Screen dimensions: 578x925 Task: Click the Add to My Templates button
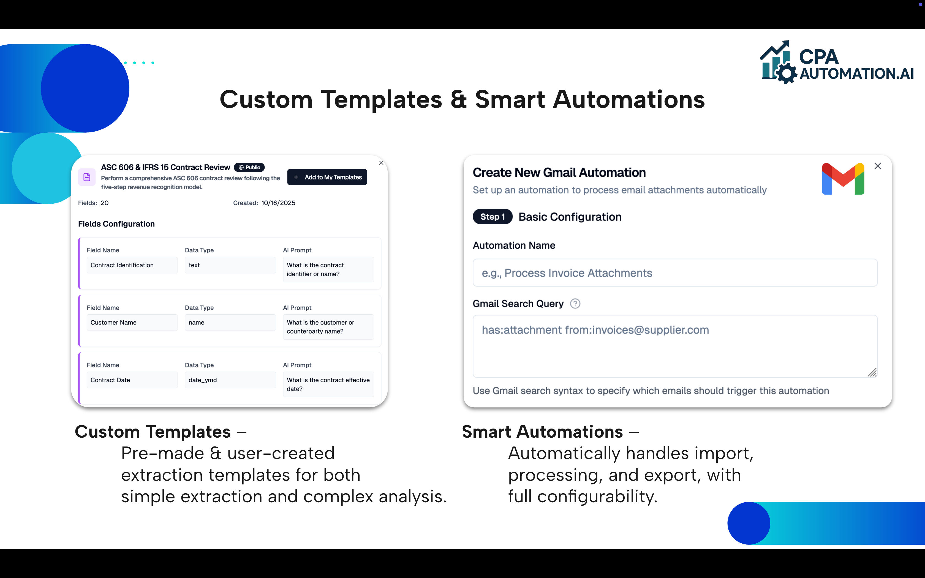[327, 177]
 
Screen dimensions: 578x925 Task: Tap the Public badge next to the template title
[249, 167]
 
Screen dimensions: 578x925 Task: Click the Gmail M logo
[843, 179]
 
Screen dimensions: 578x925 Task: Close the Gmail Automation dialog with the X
[878, 166]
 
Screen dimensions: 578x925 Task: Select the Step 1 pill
[492, 217]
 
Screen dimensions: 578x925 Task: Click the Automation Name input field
[675, 273]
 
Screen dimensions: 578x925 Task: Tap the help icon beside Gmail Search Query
[575, 304]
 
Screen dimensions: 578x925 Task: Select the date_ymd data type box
[230, 380]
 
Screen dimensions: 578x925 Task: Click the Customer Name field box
[132, 323]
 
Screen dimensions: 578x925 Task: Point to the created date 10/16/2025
[278, 203]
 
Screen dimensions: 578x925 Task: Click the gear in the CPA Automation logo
[787, 73]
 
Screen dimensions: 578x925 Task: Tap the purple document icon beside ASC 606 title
[87, 177]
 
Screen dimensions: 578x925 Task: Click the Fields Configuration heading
[116, 224]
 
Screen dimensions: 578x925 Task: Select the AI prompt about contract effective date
[328, 384]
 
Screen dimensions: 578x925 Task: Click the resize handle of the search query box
[872, 372]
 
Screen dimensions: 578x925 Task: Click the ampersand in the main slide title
[458, 100]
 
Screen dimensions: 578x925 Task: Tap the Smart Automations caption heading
[542, 432]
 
